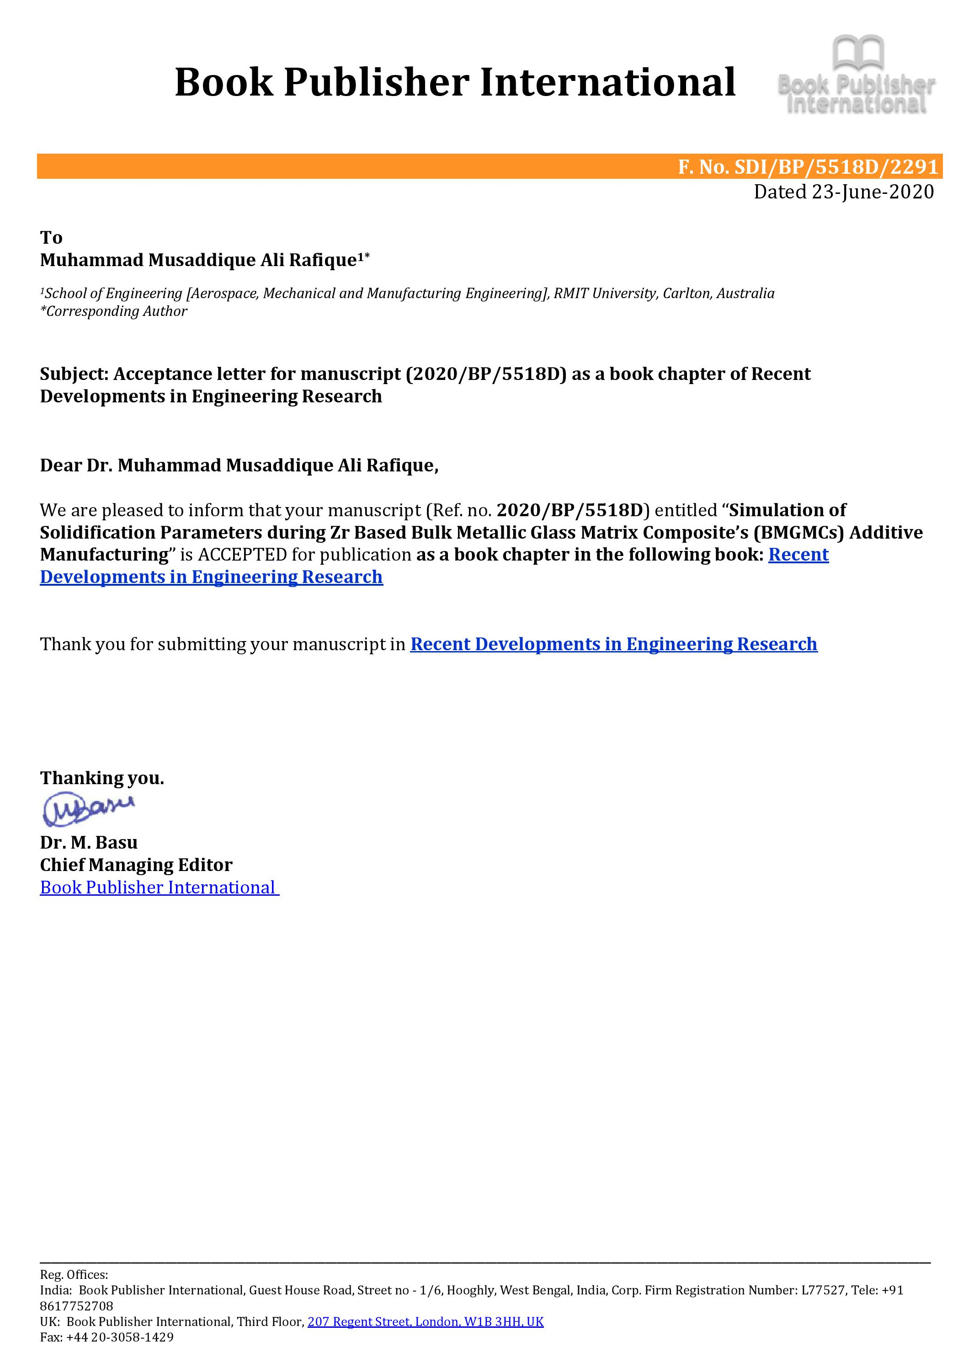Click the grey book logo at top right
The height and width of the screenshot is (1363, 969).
pyautogui.click(x=857, y=75)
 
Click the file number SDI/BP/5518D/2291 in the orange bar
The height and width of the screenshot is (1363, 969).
pyautogui.click(x=836, y=166)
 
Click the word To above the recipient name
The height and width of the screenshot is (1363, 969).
pyautogui.click(x=51, y=237)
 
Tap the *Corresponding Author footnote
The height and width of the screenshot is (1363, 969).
pyautogui.click(x=113, y=311)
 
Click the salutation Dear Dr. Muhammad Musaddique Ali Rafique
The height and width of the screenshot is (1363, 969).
pyautogui.click(x=239, y=465)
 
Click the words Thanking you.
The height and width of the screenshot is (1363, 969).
pyautogui.click(x=102, y=778)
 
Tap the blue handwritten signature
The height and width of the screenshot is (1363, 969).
pyautogui.click(x=88, y=809)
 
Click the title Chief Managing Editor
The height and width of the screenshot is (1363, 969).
pyautogui.click(x=136, y=865)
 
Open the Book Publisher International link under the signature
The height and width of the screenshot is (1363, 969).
pyautogui.click(x=158, y=887)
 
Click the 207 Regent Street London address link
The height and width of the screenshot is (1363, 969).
pyautogui.click(x=425, y=1321)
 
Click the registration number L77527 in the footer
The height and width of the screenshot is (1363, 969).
pyautogui.click(x=823, y=1290)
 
